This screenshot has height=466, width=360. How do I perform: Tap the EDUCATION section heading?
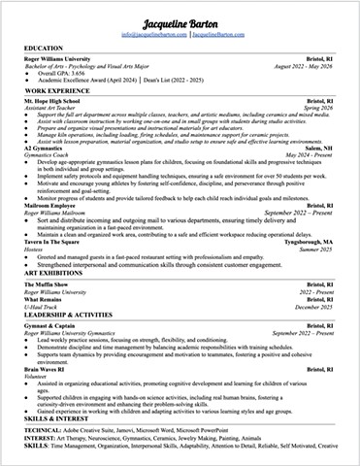pyautogui.click(x=45, y=48)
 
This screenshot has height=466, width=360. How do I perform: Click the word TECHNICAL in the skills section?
pyautogui.click(x=42, y=429)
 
